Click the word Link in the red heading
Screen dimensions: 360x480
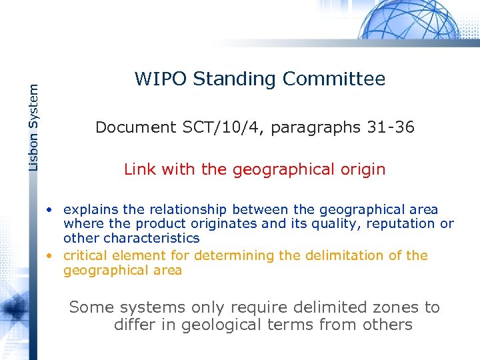139,169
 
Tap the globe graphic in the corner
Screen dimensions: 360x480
413,20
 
